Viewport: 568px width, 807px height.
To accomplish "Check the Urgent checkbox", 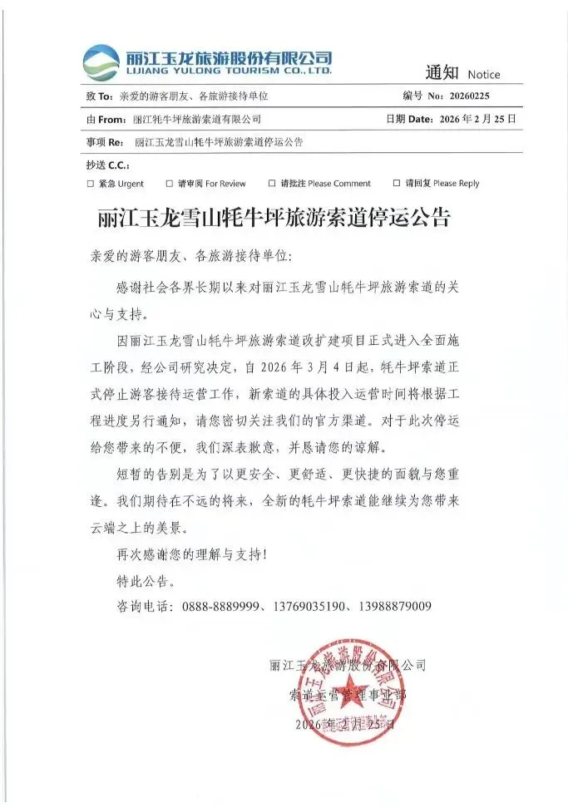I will click(x=90, y=184).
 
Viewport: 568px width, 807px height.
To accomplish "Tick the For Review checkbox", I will click(x=169, y=184).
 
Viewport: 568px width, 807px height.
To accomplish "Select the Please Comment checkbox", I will click(x=271, y=184).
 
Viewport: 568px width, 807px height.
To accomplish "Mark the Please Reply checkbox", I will click(x=397, y=184).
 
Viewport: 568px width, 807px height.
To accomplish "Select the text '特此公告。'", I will click(x=144, y=578).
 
